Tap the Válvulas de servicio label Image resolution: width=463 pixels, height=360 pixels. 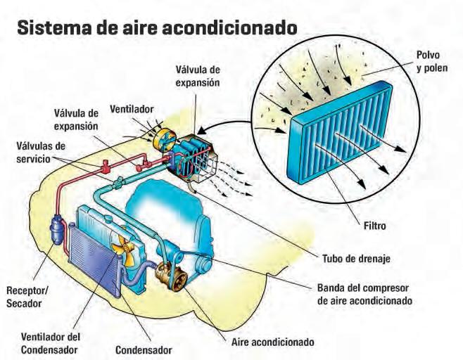41,152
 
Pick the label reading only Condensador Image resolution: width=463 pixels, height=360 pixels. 144,349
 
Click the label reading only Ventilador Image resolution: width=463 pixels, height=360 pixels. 132,110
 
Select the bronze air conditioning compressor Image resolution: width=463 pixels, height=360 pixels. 171,276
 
